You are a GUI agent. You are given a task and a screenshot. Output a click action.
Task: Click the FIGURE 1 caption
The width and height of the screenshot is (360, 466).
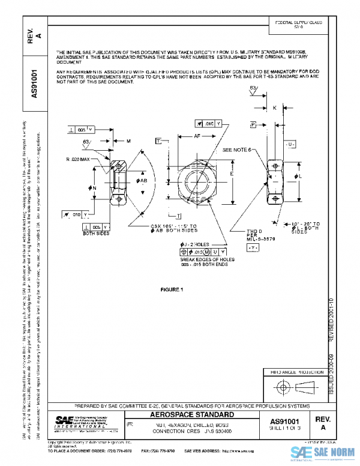[x=171, y=290]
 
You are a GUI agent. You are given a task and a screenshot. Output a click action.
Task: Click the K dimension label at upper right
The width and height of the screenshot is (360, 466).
[x=274, y=109]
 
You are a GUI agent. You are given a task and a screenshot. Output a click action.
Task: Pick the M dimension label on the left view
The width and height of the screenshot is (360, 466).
[x=129, y=141]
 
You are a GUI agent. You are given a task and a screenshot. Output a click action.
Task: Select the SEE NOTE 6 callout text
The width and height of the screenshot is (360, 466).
[x=238, y=150]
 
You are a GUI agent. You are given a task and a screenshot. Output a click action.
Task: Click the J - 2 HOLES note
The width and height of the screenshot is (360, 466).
[x=194, y=243]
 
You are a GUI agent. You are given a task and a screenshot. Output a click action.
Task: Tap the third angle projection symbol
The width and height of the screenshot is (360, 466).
[x=290, y=384]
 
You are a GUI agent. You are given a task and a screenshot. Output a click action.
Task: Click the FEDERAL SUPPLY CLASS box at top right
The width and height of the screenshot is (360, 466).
[x=298, y=24]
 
